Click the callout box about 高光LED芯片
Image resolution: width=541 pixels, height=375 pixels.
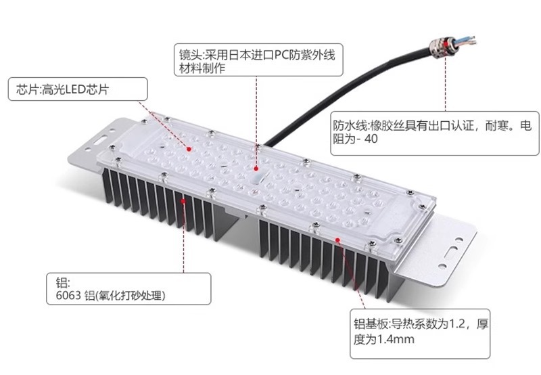[x=78, y=89]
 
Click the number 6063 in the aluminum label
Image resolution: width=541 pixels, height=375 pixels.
[x=64, y=296]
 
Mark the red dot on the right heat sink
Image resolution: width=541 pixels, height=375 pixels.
[x=337, y=240]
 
